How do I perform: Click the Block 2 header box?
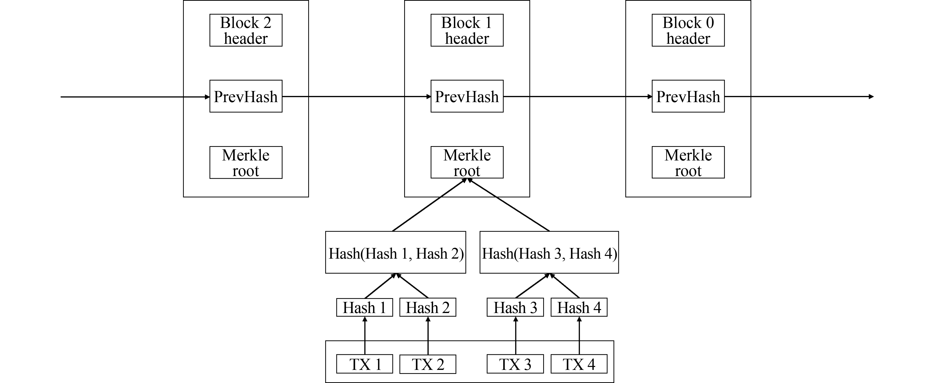tap(246, 30)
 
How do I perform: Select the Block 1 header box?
tap(467, 30)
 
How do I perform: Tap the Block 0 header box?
tap(688, 30)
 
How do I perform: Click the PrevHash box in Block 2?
tap(246, 96)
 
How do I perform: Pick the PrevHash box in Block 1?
tap(467, 96)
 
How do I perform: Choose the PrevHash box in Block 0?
tap(688, 96)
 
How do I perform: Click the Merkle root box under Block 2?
tap(246, 162)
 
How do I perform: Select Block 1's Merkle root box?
tap(467, 162)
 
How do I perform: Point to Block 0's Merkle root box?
tap(688, 162)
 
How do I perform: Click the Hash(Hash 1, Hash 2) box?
tap(395, 252)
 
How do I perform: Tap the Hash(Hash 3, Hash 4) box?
tap(549, 252)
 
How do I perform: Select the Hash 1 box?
tap(364, 307)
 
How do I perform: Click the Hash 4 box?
tap(579, 307)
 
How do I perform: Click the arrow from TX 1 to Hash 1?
tap(365, 336)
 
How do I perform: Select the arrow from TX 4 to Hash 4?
tap(579, 336)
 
